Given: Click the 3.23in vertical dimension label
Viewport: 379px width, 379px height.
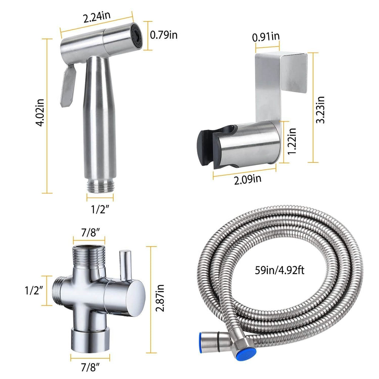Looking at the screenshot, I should click(321, 110).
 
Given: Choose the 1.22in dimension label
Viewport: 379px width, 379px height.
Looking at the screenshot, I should click(292, 142).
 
